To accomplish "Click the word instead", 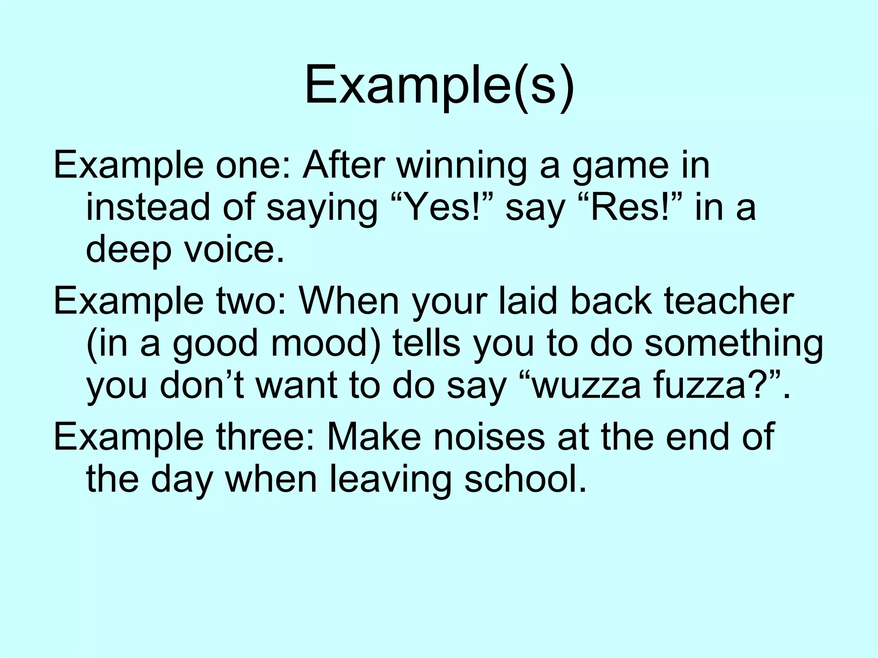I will [x=148, y=207].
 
